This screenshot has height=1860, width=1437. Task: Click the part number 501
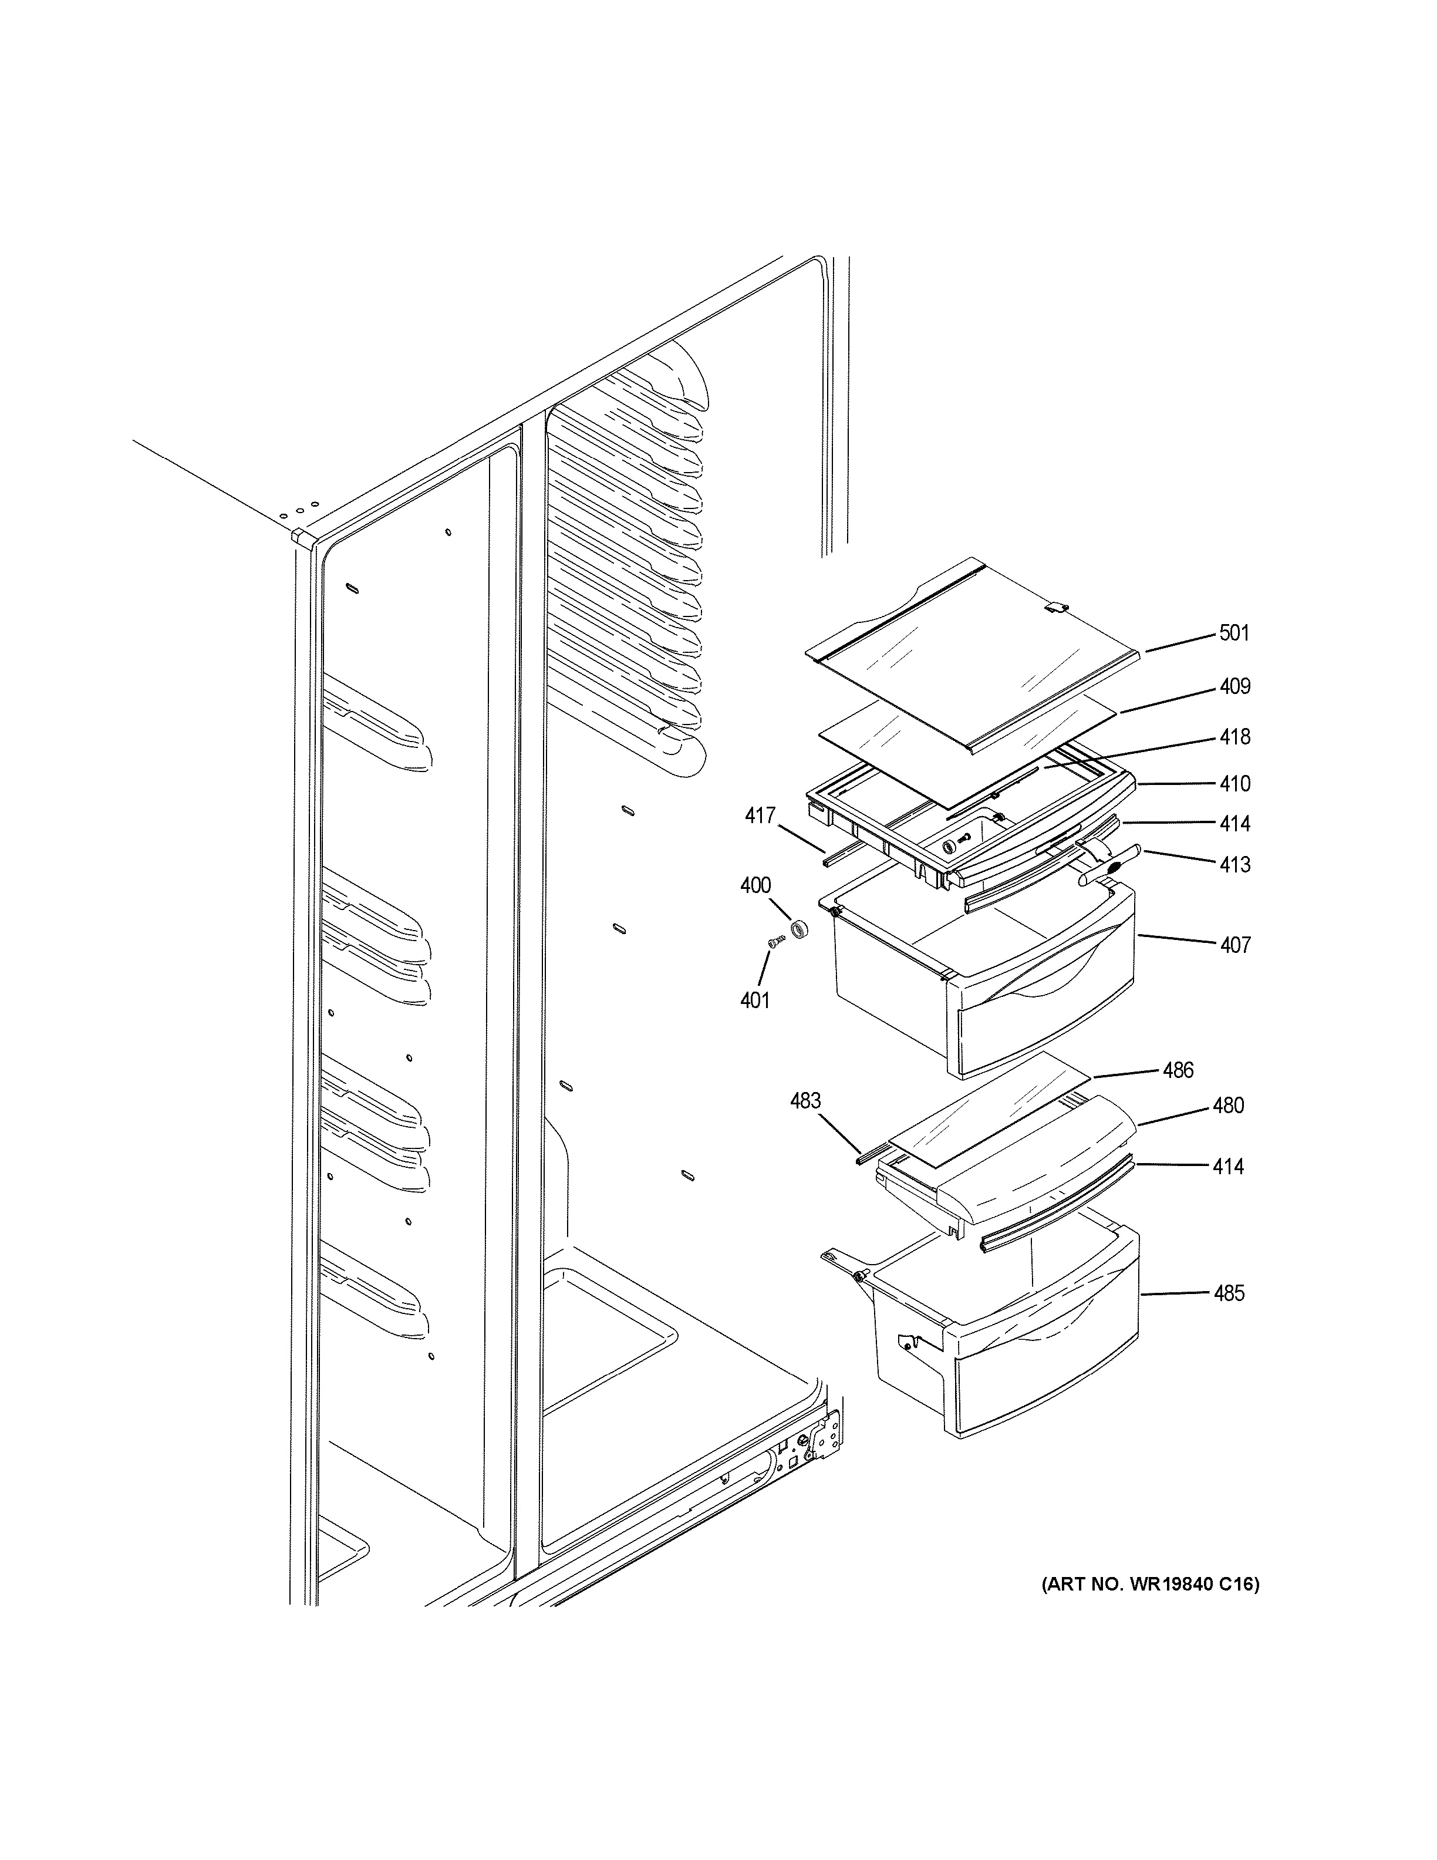[x=1234, y=633]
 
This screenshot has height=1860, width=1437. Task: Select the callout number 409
[x=1234, y=686]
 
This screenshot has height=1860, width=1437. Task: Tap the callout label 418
[x=1234, y=737]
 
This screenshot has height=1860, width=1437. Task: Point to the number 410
[x=1234, y=784]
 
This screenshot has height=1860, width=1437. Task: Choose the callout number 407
[x=1234, y=945]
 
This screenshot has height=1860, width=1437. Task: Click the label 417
[x=760, y=816]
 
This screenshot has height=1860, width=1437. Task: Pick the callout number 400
[x=755, y=886]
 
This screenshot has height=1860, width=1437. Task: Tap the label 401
[x=754, y=1000]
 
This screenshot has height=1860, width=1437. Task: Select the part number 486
[x=1178, y=1070]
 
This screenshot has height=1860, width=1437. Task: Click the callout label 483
[x=805, y=1101]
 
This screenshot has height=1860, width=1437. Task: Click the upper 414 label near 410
[x=1234, y=824]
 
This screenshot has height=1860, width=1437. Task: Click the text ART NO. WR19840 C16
[x=1150, y=1585]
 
